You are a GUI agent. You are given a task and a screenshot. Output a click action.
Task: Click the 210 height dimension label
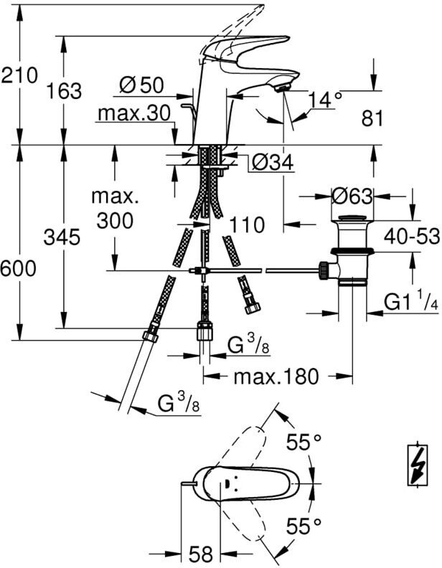(19, 76)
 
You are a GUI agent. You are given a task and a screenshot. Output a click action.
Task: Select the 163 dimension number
(64, 91)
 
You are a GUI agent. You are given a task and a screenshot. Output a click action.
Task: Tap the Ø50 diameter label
(141, 85)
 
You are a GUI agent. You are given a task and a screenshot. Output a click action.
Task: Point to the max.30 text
(134, 114)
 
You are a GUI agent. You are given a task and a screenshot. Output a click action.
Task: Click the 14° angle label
(325, 100)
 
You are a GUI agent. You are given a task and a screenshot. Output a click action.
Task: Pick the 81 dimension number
(372, 118)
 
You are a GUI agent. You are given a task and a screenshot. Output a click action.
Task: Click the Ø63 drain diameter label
(352, 197)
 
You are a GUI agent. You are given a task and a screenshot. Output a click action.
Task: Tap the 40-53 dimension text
(413, 237)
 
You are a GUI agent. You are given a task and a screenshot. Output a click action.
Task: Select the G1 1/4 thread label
(411, 303)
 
